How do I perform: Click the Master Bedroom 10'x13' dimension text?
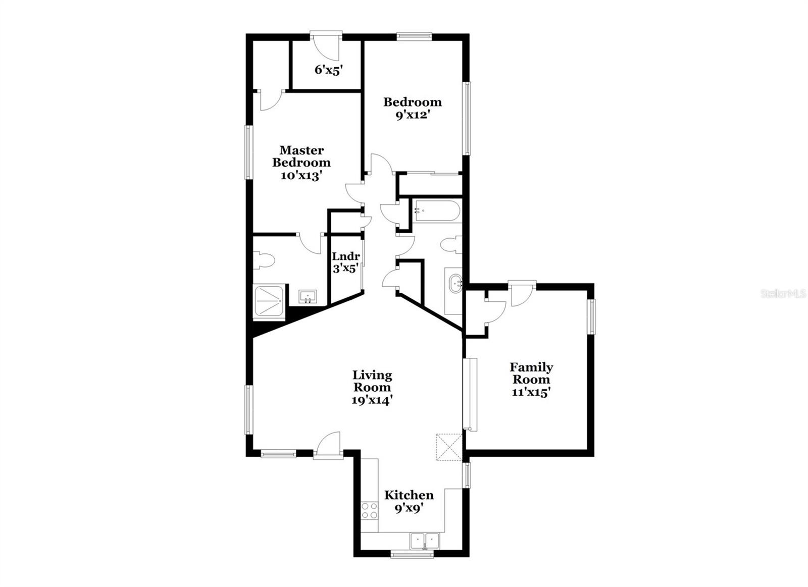(301, 176)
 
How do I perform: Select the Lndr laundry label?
(345, 256)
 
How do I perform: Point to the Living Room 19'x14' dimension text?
(372, 400)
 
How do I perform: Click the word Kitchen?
(409, 495)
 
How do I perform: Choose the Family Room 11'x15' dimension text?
(531, 392)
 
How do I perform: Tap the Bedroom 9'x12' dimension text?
(412, 115)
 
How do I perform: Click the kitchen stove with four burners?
(370, 510)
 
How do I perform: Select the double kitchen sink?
(425, 542)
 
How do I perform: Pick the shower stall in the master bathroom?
(269, 301)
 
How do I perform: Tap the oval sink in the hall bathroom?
(456, 282)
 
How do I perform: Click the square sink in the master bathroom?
(307, 296)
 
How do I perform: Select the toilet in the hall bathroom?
(451, 245)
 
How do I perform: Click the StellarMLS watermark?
(783, 293)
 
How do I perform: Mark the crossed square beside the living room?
(449, 447)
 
